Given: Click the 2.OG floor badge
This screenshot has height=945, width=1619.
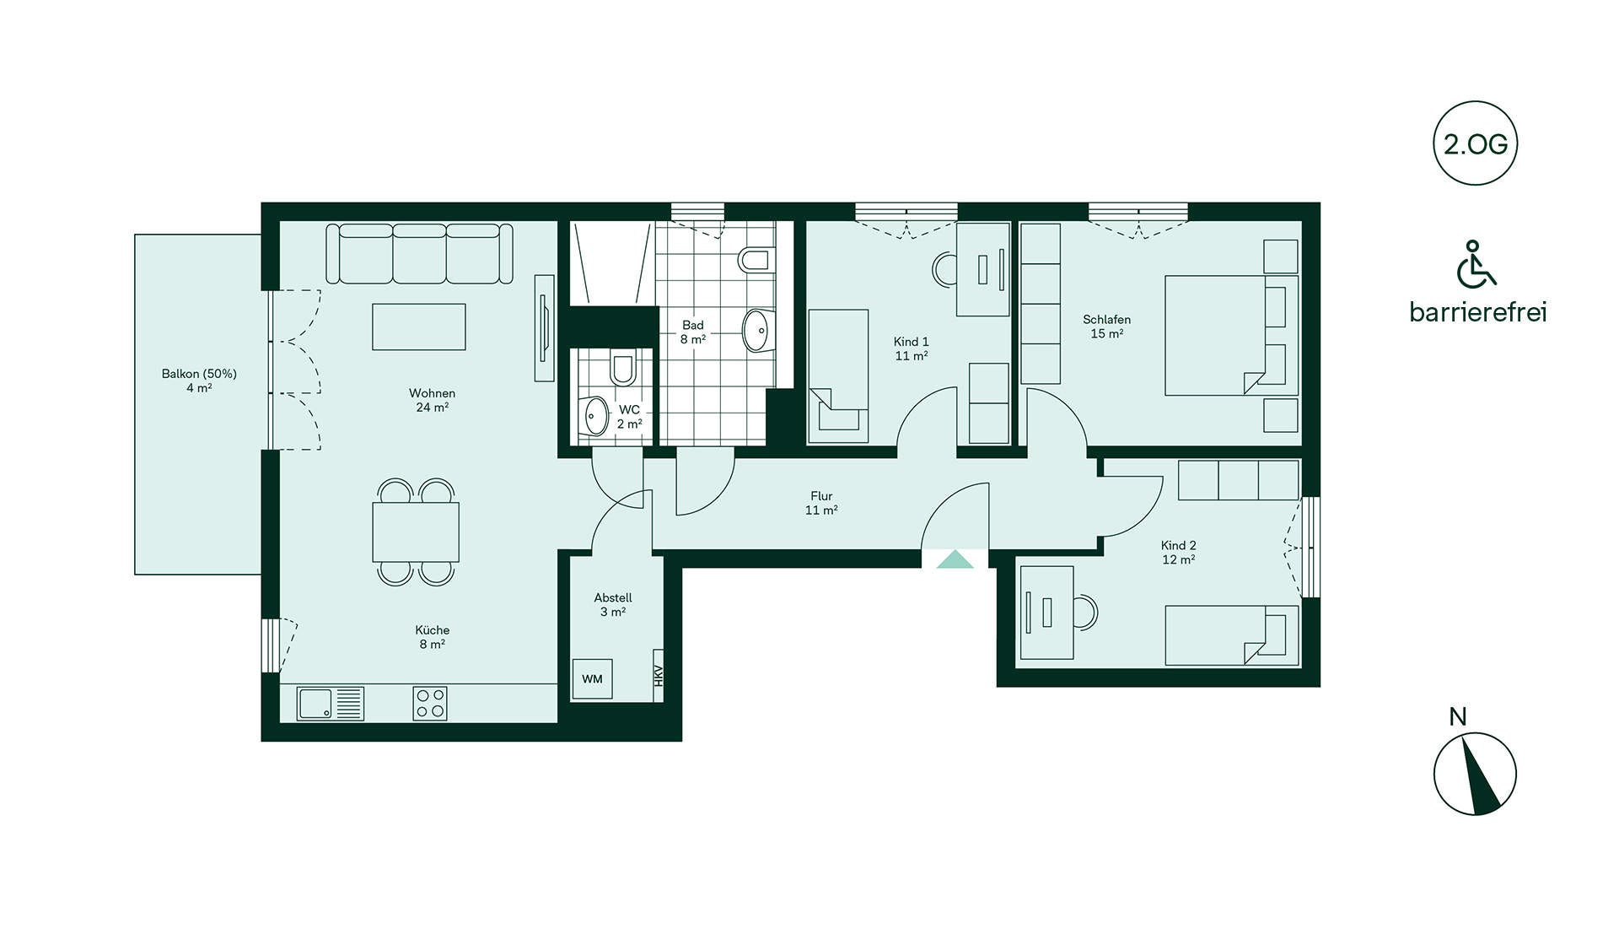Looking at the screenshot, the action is click(1475, 143).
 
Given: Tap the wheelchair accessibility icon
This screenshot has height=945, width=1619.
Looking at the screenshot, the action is click(1475, 263).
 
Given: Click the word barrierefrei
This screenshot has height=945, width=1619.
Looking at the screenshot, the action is click(1478, 312).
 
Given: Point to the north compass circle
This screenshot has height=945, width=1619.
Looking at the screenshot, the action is click(1475, 774).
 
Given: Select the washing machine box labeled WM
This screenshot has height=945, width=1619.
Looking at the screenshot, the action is click(592, 678).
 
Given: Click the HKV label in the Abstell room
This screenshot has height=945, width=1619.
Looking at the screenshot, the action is click(659, 676).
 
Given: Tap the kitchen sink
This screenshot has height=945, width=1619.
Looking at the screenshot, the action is click(330, 704).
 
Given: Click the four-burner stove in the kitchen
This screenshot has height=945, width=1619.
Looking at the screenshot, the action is click(430, 704).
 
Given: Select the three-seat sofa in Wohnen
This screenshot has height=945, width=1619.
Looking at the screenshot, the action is click(419, 253).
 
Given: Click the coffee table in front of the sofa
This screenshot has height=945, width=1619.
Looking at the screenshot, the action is click(419, 327).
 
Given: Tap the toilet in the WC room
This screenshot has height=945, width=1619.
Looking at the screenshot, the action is click(622, 368).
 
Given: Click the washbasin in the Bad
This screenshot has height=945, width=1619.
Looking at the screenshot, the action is click(757, 331).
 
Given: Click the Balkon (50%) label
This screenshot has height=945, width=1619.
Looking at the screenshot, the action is click(199, 374).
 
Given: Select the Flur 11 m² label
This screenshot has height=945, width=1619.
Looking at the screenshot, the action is click(821, 503).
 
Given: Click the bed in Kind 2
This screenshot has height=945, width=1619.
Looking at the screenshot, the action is click(1232, 635).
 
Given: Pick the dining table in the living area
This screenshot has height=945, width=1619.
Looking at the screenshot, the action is click(416, 532).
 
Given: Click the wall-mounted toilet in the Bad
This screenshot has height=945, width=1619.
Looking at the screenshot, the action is click(756, 259).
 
